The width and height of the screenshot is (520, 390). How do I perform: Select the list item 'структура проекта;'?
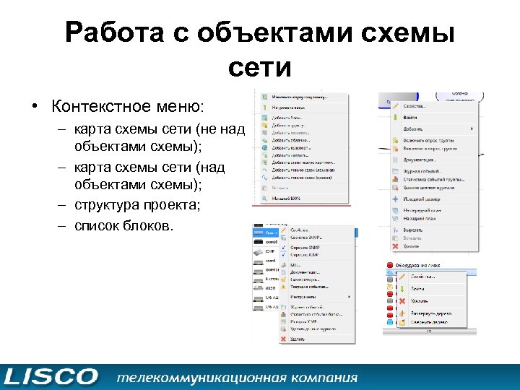(137, 204)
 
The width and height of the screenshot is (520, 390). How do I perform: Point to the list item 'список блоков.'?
(123, 225)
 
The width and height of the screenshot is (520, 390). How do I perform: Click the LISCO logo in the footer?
(50, 377)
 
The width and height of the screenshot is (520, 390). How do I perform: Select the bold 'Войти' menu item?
(411, 117)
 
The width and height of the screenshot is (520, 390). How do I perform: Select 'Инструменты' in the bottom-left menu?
(304, 297)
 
